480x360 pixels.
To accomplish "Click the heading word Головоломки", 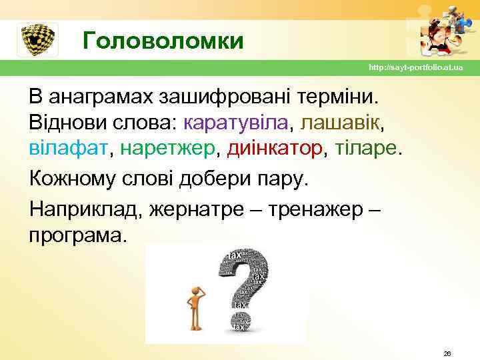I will pos(163,42).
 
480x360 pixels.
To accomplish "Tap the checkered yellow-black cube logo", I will pos(37,40).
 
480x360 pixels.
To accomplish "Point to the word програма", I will pos(76,235).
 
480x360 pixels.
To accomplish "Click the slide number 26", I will pos(447,353).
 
